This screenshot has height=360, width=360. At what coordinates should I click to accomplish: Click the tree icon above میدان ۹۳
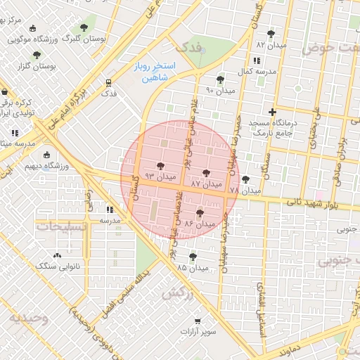(x=161, y=166)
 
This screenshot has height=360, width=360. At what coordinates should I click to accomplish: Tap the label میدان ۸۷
(x=206, y=184)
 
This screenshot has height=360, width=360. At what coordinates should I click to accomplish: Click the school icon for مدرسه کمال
(x=254, y=60)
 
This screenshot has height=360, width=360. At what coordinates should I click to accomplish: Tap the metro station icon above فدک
(x=108, y=82)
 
